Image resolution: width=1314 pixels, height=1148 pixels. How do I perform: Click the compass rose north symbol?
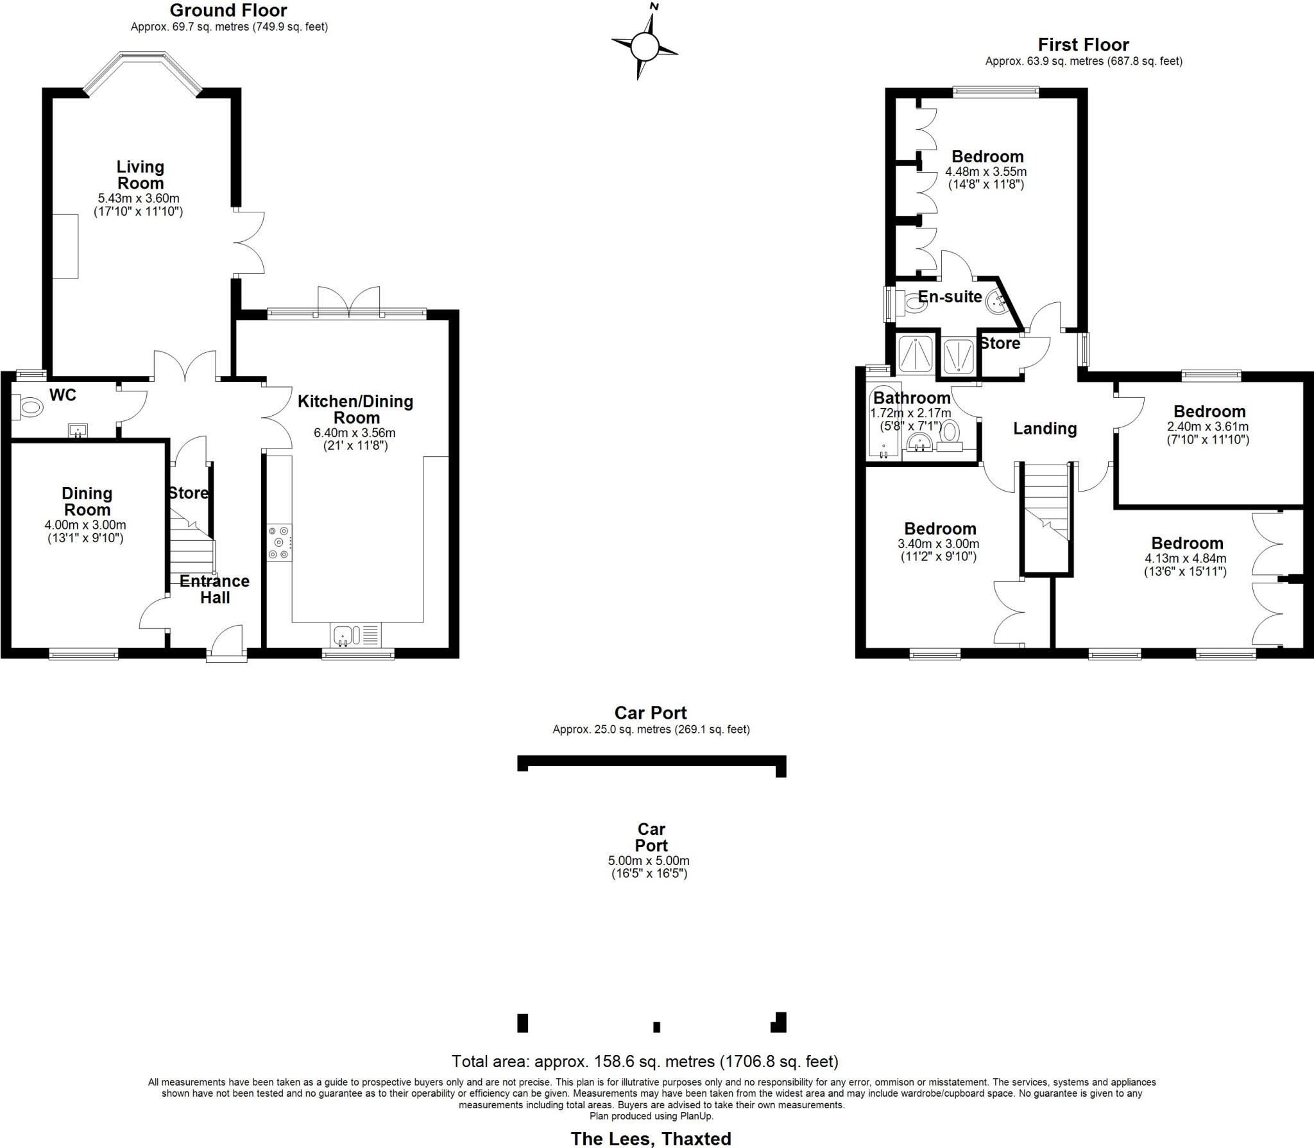pos(644,46)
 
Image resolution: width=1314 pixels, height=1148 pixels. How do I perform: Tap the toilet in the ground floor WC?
pos(29,406)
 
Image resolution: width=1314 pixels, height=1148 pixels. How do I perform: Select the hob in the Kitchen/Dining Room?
pos(280,542)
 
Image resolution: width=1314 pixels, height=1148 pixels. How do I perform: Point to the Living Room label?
pos(140,175)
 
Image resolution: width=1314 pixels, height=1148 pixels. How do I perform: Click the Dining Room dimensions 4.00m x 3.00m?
pos(85,525)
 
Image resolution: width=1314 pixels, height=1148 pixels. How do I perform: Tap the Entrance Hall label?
pos(214,589)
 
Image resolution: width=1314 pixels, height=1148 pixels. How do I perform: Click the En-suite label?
pos(950,296)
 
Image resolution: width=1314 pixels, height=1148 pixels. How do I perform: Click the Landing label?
pos(1045,428)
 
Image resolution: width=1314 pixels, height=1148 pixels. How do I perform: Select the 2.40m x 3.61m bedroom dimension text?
pos(1207,427)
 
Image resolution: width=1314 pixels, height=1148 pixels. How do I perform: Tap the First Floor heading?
pos(1083,45)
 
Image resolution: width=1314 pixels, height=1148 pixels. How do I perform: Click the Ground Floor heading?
pos(228,10)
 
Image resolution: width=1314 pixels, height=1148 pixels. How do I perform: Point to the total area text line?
pos(645,1061)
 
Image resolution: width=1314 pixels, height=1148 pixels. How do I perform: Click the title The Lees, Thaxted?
pos(651,1138)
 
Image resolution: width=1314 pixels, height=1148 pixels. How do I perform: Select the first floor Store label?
pos(1000,343)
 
